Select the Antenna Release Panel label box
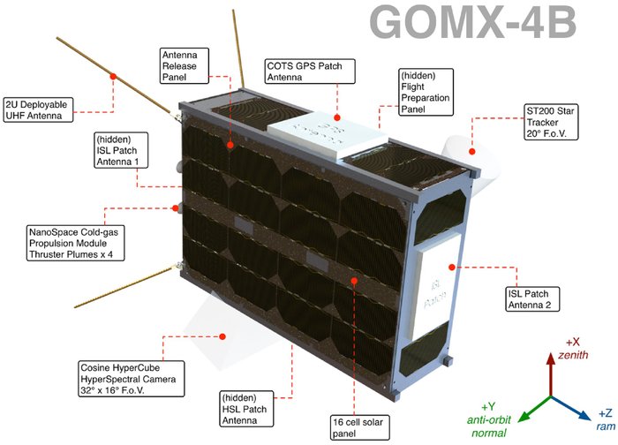[185, 64]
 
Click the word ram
[600, 426]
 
